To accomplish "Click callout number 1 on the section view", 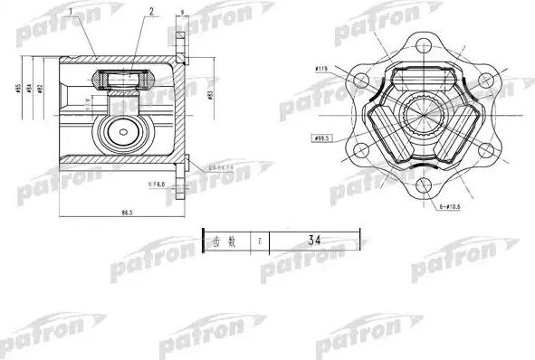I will click(94, 14).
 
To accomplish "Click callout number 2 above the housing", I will click(151, 14).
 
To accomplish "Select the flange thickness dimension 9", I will click(182, 14).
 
